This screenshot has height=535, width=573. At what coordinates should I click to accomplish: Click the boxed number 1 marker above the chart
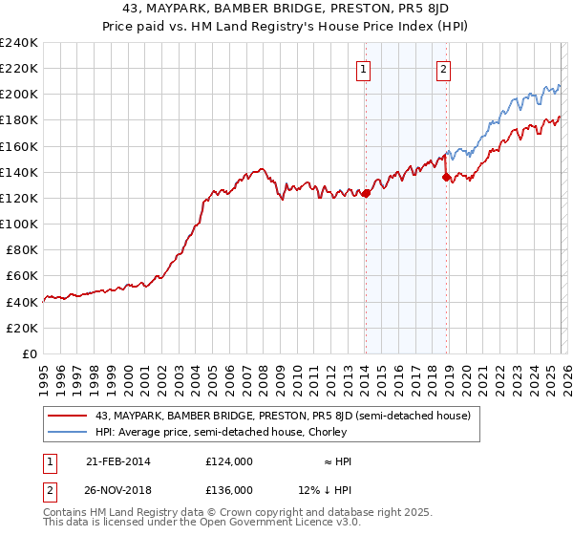pos(365,68)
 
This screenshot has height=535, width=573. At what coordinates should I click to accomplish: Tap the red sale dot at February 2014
pos(366,193)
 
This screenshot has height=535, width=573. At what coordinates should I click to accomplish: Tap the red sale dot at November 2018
pos(446,177)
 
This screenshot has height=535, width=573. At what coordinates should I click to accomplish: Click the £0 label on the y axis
pos(29,353)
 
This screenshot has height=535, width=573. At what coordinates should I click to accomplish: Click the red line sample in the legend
pos(69,416)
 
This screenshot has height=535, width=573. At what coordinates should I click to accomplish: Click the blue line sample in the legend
pos(69,432)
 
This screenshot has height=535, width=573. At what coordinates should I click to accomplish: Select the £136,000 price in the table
pos(229,489)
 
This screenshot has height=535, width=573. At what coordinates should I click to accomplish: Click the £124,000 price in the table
pos(229,461)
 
